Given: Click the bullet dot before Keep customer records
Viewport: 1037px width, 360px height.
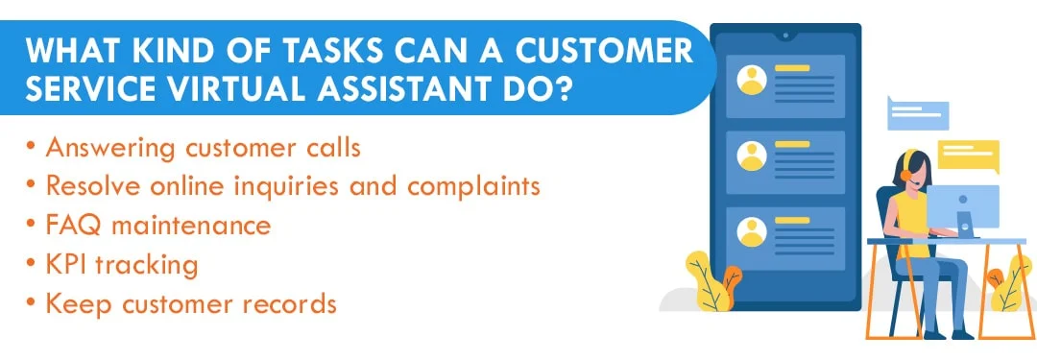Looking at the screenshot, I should [x=33, y=303].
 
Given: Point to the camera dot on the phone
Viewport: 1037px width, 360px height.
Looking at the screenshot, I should [x=785, y=36].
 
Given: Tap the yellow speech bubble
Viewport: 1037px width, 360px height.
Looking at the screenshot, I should [x=968, y=154].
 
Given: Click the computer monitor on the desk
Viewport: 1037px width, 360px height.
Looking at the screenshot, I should [x=970, y=207].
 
